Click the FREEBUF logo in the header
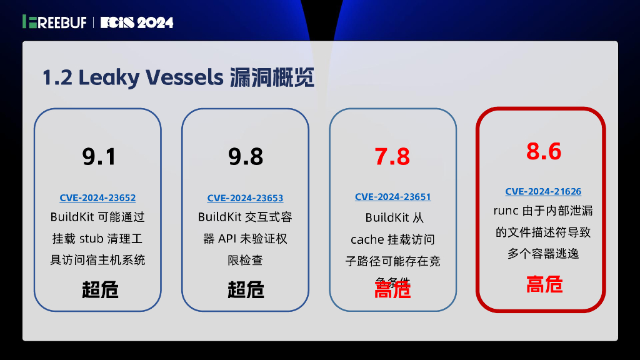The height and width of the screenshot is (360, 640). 55,22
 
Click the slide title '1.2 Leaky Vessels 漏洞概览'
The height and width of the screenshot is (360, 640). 177,77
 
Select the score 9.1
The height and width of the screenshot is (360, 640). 99,156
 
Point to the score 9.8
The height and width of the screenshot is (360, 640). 246,156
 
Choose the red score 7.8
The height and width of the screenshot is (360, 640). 392,156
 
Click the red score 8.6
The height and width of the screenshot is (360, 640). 544,152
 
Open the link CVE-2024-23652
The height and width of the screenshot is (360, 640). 97,198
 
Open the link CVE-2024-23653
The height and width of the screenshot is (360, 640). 245,198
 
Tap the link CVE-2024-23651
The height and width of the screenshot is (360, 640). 392,197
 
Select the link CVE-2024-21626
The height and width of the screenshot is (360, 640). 543,192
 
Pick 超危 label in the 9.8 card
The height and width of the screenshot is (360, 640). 246,290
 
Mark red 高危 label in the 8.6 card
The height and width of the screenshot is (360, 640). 544,284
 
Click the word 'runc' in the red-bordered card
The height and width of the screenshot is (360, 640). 506,211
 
